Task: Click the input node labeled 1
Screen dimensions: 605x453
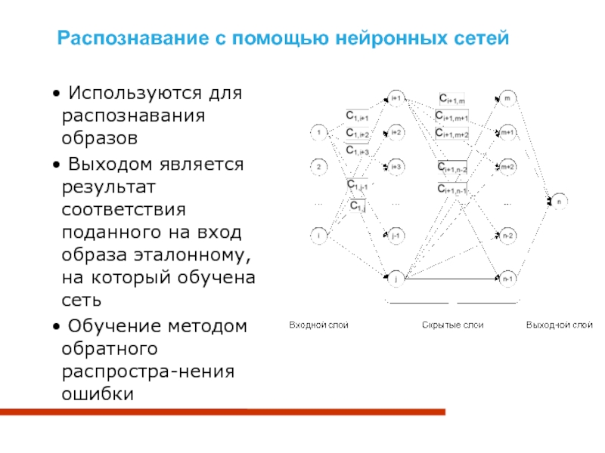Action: [319, 134]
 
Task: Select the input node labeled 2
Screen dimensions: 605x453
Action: [319, 166]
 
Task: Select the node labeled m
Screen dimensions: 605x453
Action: [507, 98]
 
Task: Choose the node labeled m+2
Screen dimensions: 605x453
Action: [507, 166]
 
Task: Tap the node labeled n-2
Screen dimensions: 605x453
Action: [507, 236]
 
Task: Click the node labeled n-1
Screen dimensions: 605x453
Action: [507, 279]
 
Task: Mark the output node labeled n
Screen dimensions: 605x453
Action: [558, 202]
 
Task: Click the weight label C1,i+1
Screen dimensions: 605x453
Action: [357, 116]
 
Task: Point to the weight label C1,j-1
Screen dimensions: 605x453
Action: [358, 185]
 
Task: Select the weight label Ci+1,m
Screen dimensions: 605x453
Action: [452, 98]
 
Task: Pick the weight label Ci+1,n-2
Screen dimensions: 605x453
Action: [452, 168]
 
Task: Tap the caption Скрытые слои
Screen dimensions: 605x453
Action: [452, 325]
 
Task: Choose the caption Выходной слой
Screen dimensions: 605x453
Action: [560, 325]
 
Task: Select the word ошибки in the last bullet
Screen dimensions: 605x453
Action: [98, 393]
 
